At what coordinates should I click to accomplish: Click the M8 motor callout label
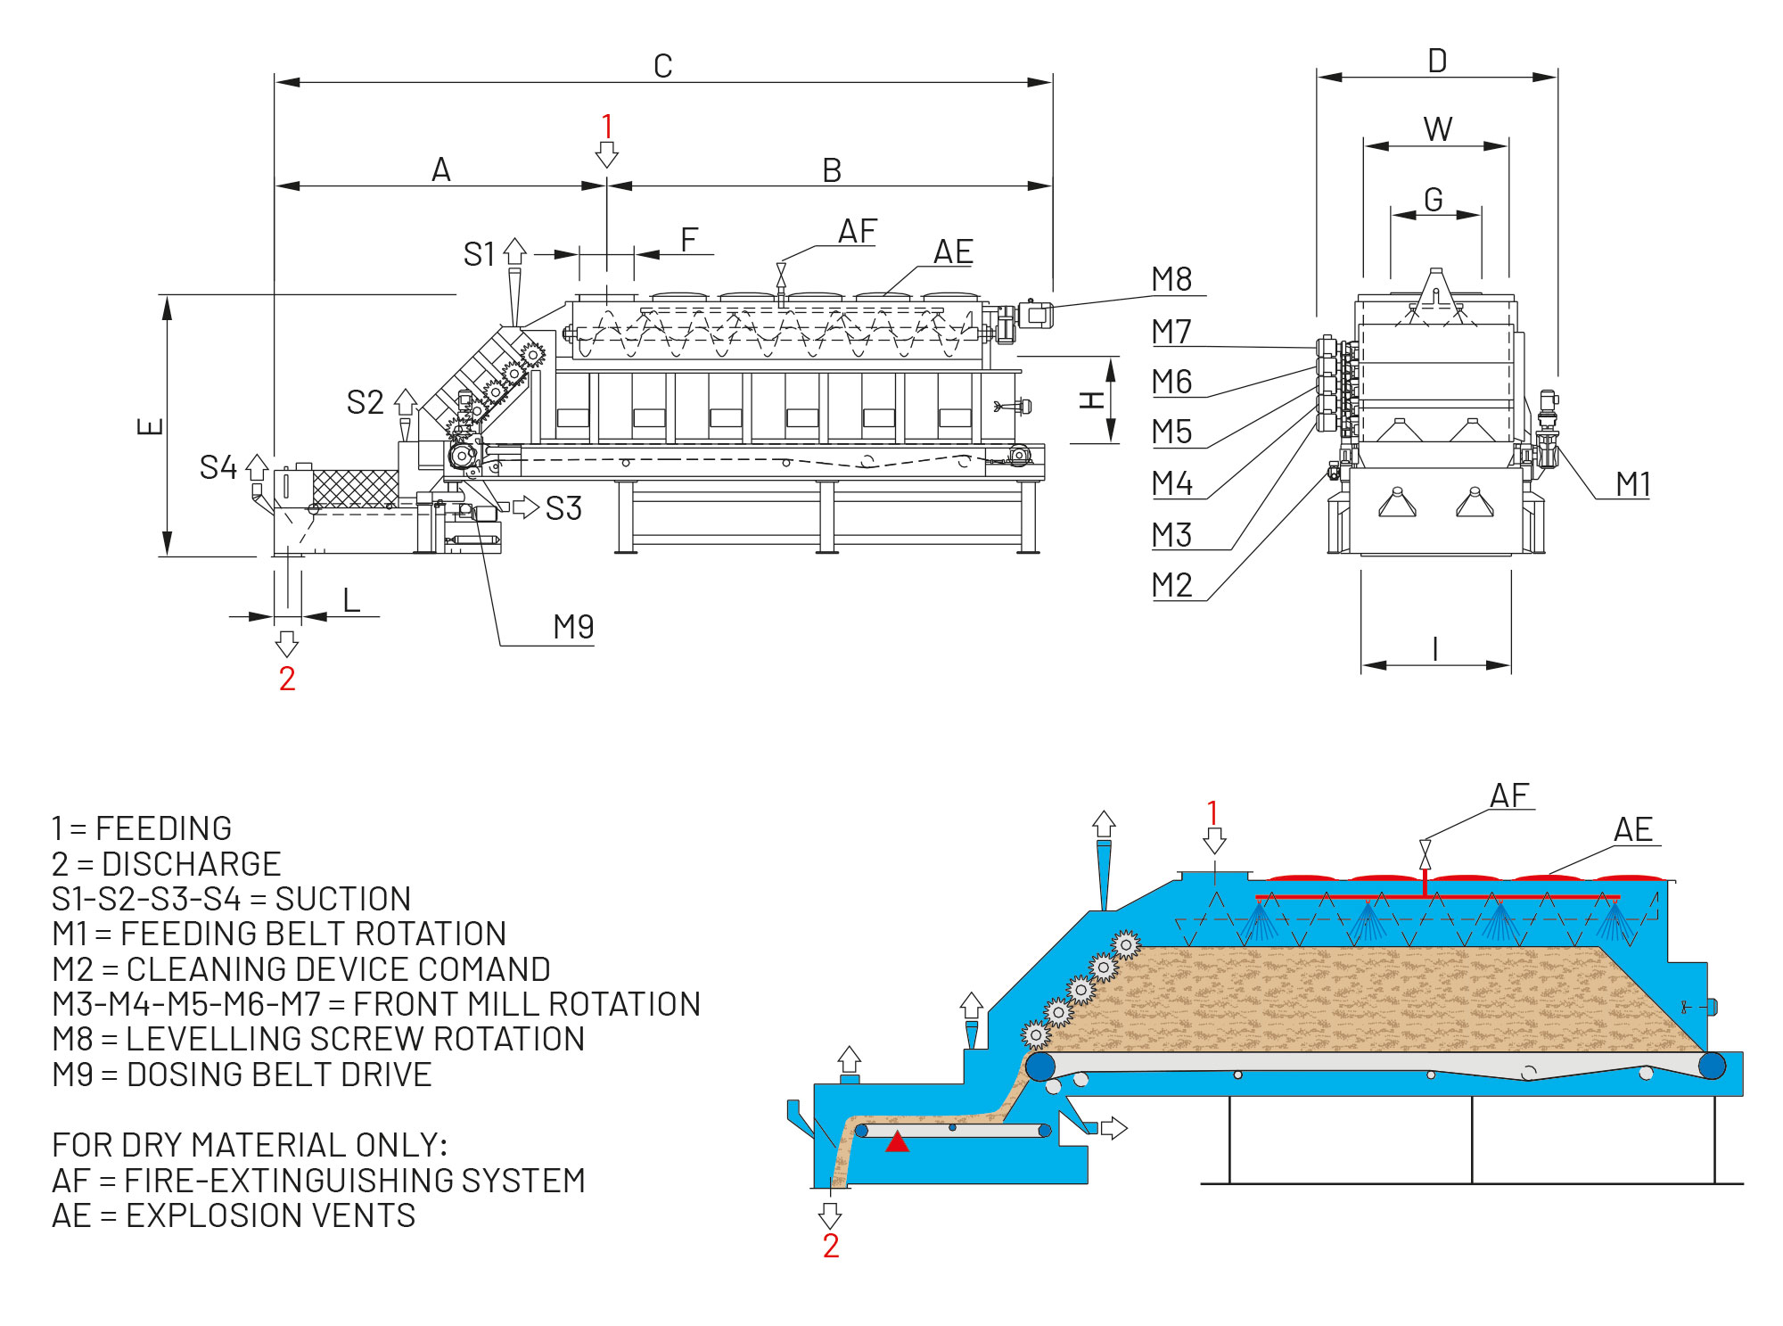pyautogui.click(x=1171, y=279)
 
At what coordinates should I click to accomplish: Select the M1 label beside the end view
pyautogui.click(x=1632, y=484)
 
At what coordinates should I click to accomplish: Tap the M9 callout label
pyautogui.click(x=573, y=627)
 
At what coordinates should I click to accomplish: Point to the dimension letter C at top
pyautogui.click(x=662, y=66)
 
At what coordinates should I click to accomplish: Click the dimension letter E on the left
pyautogui.click(x=150, y=426)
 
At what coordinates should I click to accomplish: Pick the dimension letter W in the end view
pyautogui.click(x=1437, y=129)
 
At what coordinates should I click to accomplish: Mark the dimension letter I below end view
pyautogui.click(x=1435, y=648)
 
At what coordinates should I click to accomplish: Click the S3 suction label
pyautogui.click(x=563, y=508)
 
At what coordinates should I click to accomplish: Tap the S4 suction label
pyautogui.click(x=218, y=467)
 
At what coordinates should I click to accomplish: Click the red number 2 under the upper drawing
pyautogui.click(x=287, y=679)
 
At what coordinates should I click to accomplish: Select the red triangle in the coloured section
pyautogui.click(x=897, y=1141)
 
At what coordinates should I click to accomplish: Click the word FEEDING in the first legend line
pyautogui.click(x=163, y=828)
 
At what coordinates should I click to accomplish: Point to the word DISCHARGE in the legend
pyautogui.click(x=191, y=864)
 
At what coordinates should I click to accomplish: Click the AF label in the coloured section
pyautogui.click(x=1509, y=795)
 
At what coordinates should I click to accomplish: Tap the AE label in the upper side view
pyautogui.click(x=953, y=252)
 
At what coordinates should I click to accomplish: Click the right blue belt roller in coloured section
pyautogui.click(x=1712, y=1065)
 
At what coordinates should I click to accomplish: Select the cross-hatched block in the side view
pyautogui.click(x=355, y=488)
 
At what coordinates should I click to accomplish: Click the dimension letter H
pyautogui.click(x=1092, y=399)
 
